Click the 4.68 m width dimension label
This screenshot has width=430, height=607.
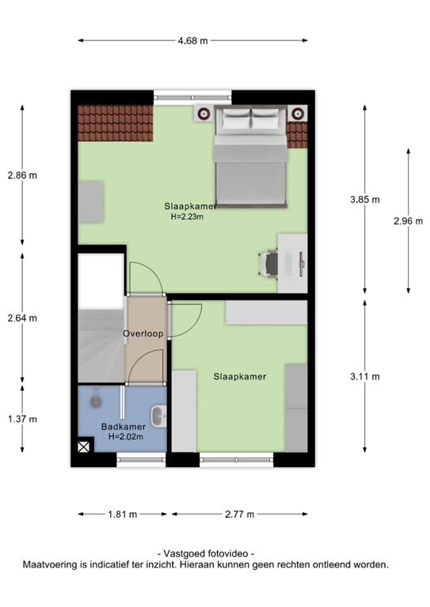[192, 40]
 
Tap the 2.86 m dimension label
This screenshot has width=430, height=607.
[22, 175]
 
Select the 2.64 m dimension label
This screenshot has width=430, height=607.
[22, 319]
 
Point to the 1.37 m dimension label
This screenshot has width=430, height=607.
[22, 419]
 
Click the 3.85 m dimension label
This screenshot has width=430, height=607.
[365, 200]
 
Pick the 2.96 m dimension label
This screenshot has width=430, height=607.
[409, 221]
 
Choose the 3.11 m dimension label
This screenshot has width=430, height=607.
[365, 376]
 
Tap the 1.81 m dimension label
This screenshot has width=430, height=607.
[122, 515]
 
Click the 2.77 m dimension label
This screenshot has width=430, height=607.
[240, 515]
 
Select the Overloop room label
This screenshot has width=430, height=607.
[143, 334]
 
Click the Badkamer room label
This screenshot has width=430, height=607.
[124, 427]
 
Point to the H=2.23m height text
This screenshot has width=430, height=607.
[187, 217]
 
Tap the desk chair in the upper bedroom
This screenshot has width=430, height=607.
[268, 263]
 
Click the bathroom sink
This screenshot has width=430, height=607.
[158, 417]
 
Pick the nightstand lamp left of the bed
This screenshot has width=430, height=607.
[204, 114]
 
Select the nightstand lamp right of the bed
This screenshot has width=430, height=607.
[298, 114]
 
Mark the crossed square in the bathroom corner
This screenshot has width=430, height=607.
[84, 447]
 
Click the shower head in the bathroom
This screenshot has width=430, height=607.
[96, 401]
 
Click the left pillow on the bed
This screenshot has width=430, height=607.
[237, 119]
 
